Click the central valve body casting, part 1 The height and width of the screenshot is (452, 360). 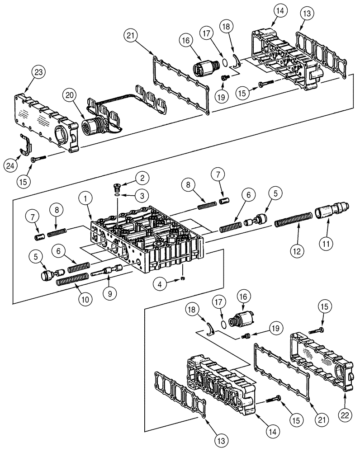pyautogui.click(x=149, y=240)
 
